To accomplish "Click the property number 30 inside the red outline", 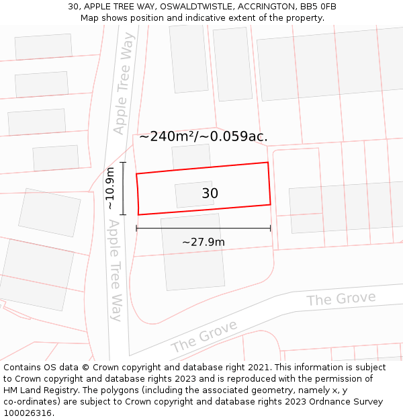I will coord(210,194).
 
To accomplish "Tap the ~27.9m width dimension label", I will coord(203,242).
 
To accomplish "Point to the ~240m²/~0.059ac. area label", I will coord(203,136).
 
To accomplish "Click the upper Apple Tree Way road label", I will coord(124,83).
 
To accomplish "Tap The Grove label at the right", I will coord(341,298).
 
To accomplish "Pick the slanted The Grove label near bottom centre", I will coord(204,336).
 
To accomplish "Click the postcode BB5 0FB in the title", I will coord(319,7).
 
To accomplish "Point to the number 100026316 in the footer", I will coord(28,413).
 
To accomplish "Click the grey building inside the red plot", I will coord(194,194).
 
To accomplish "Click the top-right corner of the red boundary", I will coord(268,162).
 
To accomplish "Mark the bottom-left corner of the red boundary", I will coord(138,214).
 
